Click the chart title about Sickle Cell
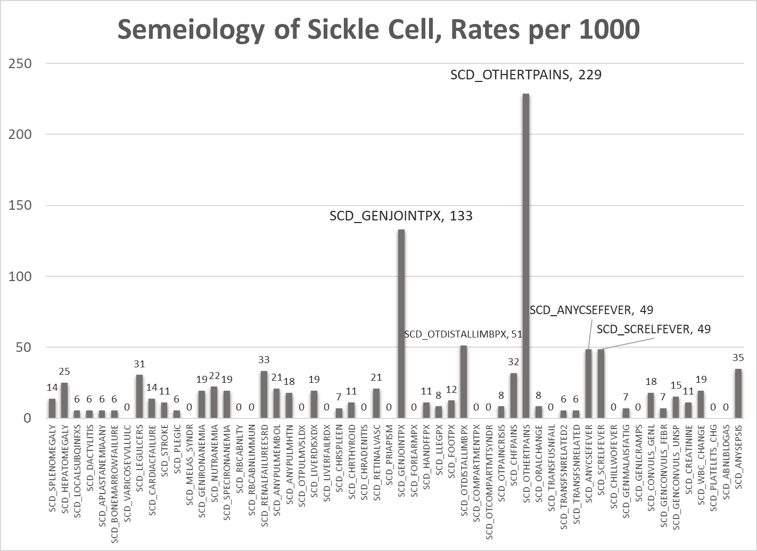coord(378,30)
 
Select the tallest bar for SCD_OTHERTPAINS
coord(526,256)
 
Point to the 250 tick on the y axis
coord(21,63)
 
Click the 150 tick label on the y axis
coord(21,205)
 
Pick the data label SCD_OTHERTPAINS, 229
coord(525,75)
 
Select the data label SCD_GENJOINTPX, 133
coord(401,216)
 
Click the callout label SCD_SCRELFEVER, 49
coord(653,330)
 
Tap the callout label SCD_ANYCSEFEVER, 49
coord(591,310)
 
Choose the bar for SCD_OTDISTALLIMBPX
coord(464,382)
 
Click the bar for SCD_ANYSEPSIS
coord(738,393)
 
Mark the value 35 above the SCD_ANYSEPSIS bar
coord(738,358)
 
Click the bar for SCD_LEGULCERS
coord(139,396)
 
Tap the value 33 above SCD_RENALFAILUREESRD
coord(264,360)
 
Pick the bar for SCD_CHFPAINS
coord(514,396)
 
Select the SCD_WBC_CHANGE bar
coord(701,405)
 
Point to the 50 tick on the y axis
coord(24,348)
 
